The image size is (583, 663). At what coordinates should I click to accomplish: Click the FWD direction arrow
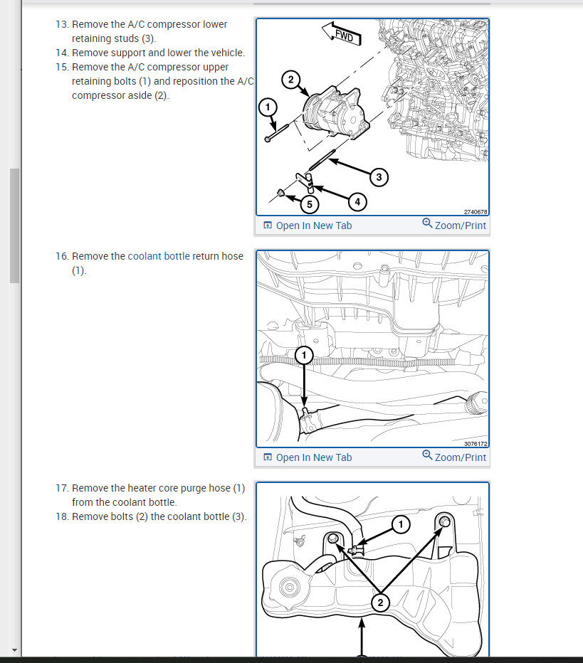(x=342, y=34)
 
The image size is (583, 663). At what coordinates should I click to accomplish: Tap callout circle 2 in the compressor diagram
(x=290, y=80)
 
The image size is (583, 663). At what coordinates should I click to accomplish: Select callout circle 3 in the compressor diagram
(x=379, y=177)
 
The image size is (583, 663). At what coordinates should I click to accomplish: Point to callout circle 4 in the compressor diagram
(x=357, y=202)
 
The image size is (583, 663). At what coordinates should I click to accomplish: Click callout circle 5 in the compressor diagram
(x=309, y=204)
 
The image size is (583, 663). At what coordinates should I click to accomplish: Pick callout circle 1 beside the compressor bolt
(x=268, y=107)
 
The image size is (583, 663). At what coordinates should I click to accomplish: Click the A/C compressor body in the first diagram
(x=336, y=112)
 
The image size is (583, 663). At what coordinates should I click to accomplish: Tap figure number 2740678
(x=476, y=212)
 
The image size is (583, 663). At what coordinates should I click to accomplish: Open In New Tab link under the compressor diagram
(x=308, y=226)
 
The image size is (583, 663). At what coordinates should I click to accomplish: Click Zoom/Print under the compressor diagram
(x=454, y=225)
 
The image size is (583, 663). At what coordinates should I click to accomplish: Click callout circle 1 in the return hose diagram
(x=304, y=355)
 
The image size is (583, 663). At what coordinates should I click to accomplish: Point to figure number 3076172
(x=476, y=444)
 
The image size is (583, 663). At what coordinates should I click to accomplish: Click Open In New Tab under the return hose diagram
(x=308, y=457)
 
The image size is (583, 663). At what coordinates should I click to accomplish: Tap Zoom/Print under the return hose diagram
(x=454, y=456)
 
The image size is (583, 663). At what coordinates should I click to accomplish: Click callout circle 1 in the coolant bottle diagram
(x=401, y=525)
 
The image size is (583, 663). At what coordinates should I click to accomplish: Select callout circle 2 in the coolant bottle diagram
(x=380, y=603)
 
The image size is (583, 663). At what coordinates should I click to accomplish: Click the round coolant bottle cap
(x=290, y=587)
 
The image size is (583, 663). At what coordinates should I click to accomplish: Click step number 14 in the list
(x=62, y=53)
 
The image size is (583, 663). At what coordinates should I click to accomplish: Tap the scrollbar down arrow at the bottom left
(x=14, y=650)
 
